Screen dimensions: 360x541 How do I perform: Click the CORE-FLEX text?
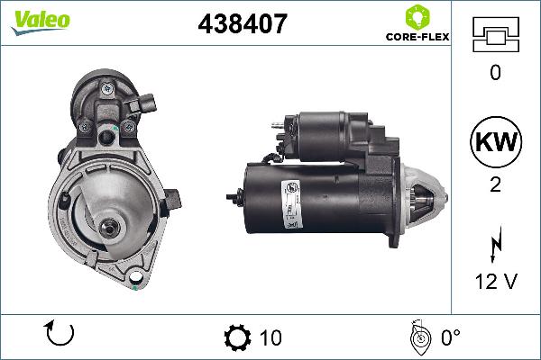coord(417,39)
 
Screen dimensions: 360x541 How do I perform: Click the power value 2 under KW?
coord(495,184)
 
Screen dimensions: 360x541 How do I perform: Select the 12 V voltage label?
coord(495,282)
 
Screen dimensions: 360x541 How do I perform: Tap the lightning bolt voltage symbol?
coord(495,244)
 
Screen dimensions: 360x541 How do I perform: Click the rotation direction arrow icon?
coord(59,335)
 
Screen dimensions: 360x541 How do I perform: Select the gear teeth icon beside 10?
coord(237,337)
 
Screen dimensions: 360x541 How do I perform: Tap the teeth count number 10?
coord(270,337)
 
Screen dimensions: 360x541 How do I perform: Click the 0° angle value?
coord(450,337)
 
